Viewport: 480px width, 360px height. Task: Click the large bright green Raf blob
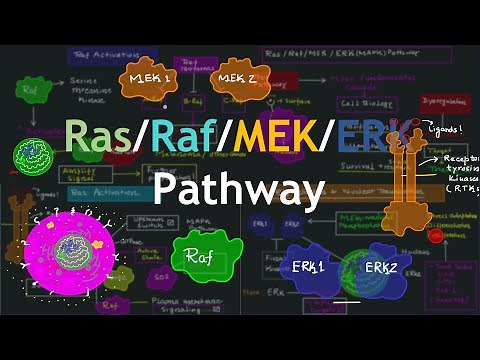point(200,257)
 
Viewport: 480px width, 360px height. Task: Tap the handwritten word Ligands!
point(446,128)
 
